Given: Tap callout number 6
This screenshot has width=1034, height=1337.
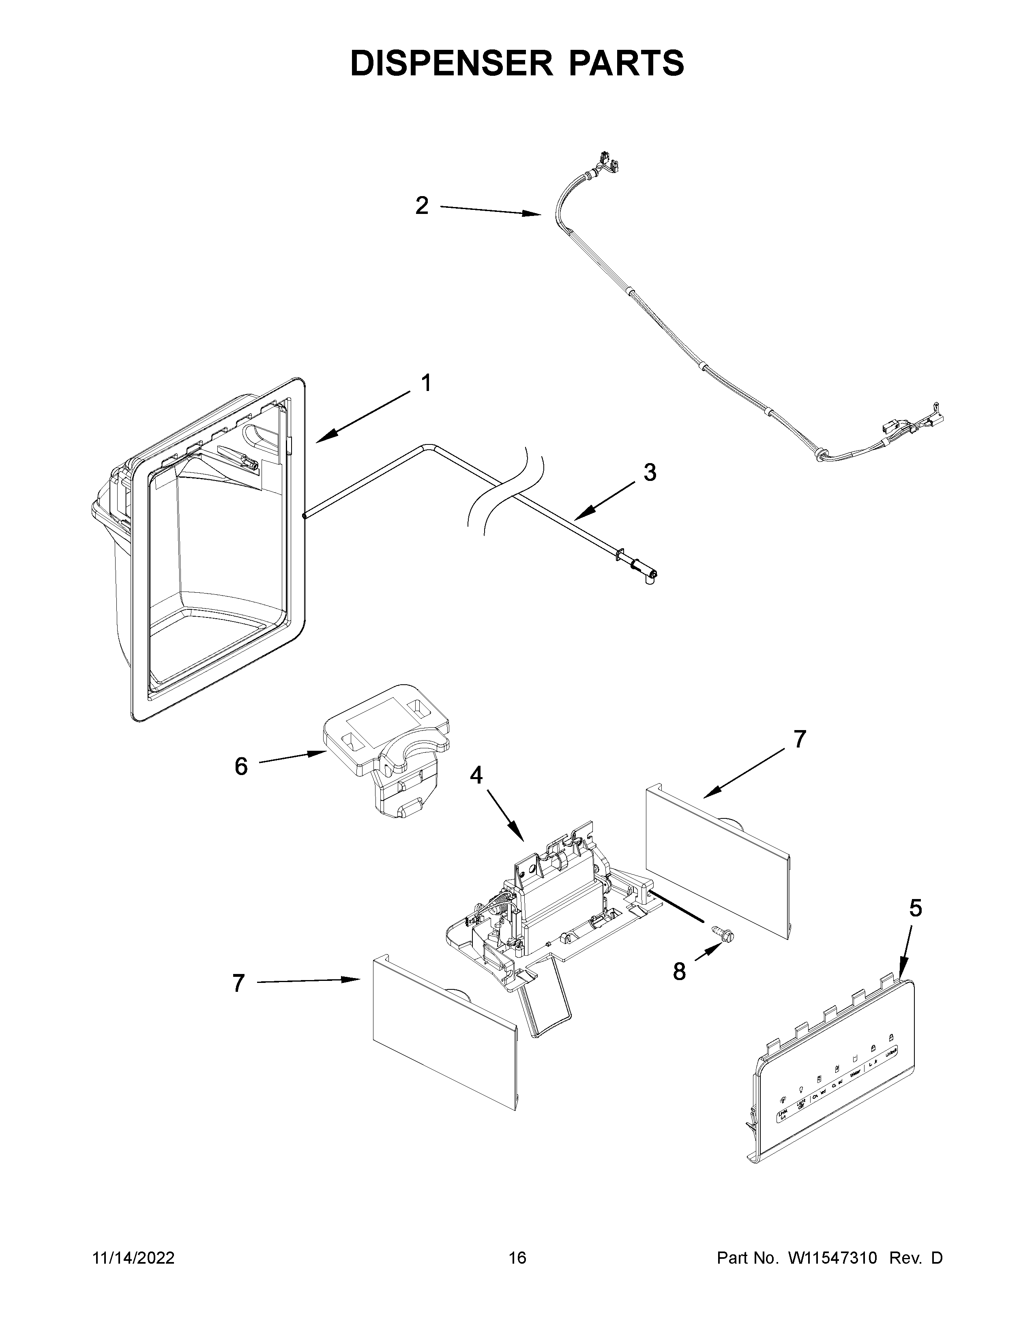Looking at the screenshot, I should point(241,766).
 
